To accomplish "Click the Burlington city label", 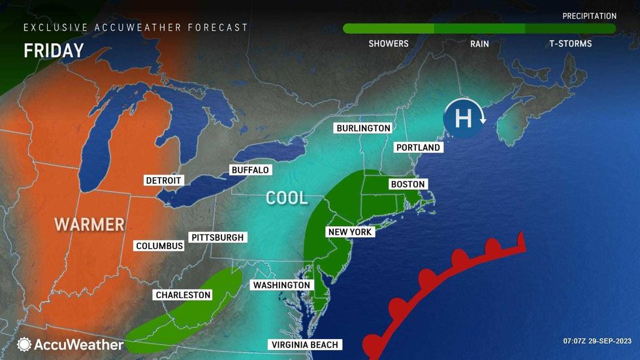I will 363,128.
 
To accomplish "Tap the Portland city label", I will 419,148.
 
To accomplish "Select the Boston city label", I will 408,184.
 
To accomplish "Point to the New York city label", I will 349,232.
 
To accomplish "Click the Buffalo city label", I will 250,170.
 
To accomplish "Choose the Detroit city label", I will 164,180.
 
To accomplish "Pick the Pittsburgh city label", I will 217,237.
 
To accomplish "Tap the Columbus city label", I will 159,246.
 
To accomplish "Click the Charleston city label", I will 183,295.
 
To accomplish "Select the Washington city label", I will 281,285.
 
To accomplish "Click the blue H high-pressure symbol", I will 463,118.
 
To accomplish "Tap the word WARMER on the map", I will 89,225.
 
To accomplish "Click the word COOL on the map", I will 287,197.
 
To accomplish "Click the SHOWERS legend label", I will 389,44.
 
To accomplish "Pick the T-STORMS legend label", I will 570,44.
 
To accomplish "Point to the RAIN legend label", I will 480,44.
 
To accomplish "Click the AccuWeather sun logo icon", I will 24,344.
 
